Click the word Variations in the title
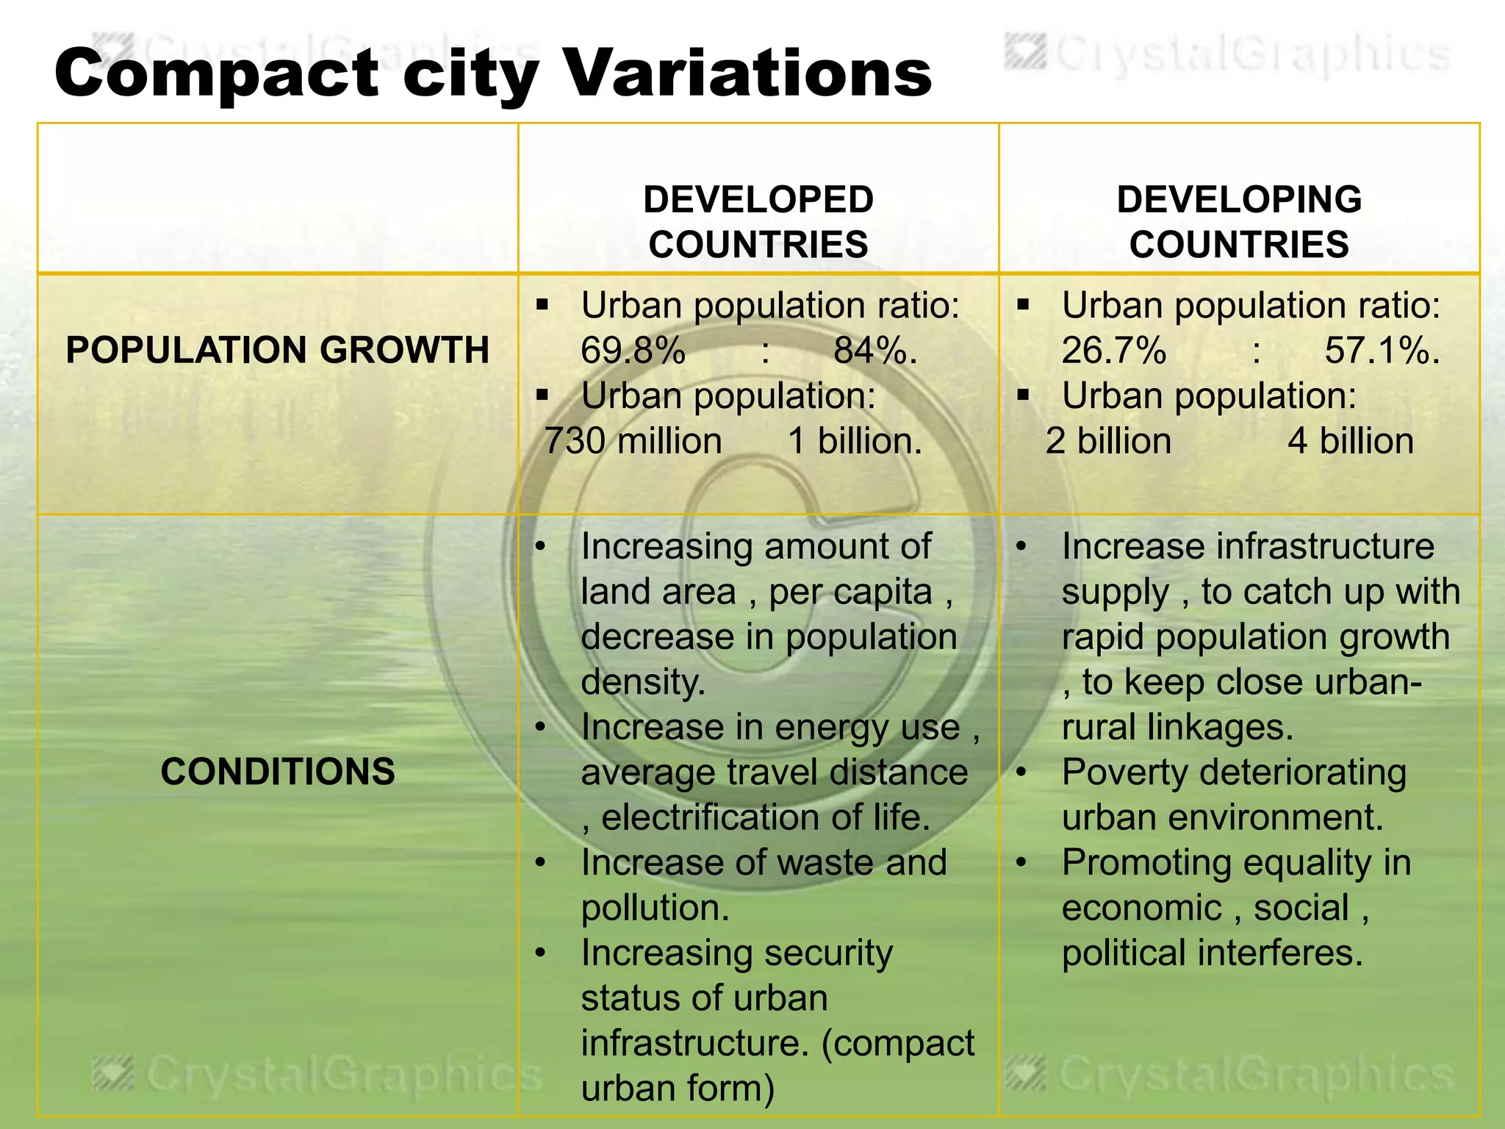747,74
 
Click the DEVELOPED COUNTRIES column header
758,221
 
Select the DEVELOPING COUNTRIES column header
1239,221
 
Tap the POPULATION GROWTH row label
277,350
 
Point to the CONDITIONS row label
277,772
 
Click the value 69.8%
633,351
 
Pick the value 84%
874,351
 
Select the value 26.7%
1113,351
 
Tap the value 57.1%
1382,351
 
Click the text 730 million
633,442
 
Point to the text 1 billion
855,442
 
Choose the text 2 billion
1108,442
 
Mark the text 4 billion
1351,442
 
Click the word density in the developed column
642,683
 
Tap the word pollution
654,908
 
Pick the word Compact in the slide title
217,74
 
